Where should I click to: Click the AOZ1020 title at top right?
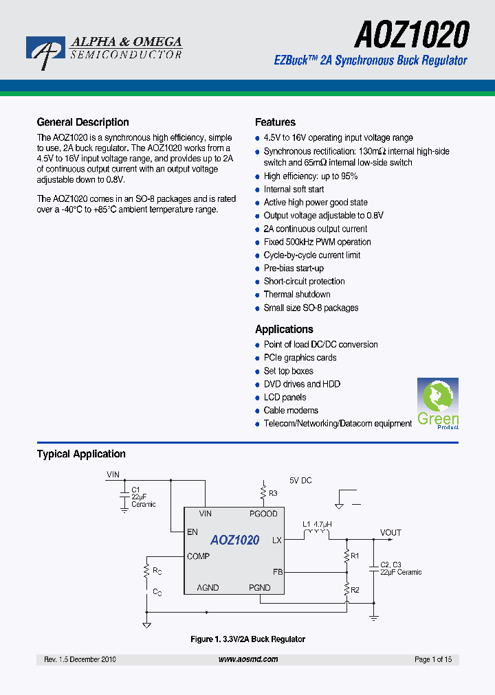click(x=412, y=34)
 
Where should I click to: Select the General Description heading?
click(x=82, y=122)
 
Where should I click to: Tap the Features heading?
click(x=275, y=122)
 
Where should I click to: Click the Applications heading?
click(x=284, y=329)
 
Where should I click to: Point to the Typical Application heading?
click(x=81, y=454)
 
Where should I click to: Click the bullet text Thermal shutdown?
click(x=297, y=295)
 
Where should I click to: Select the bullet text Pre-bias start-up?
click(x=294, y=269)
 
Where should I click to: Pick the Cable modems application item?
click(x=291, y=411)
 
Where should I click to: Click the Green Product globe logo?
click(x=438, y=402)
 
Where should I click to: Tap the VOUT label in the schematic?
click(x=390, y=533)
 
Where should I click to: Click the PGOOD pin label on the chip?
click(x=263, y=514)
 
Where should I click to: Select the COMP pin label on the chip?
click(x=199, y=556)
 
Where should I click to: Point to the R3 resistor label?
click(x=273, y=493)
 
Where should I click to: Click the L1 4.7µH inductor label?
click(x=317, y=524)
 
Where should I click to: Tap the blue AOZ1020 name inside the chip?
click(x=234, y=540)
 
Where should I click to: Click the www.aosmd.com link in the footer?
click(x=248, y=659)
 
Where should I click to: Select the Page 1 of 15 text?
click(x=433, y=659)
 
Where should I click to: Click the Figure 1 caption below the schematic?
click(x=247, y=639)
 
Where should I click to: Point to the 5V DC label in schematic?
click(x=300, y=481)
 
